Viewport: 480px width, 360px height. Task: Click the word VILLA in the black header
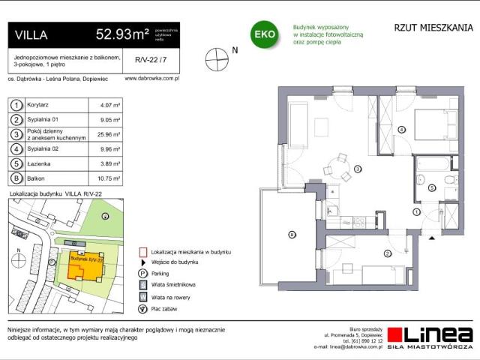coord(32,34)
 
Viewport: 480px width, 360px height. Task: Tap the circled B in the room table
coord(16,178)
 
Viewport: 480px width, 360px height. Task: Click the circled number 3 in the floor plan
coord(358,169)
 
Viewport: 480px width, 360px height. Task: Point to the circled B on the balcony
coord(292,235)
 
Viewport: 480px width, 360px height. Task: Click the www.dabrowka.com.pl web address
coord(150,78)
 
